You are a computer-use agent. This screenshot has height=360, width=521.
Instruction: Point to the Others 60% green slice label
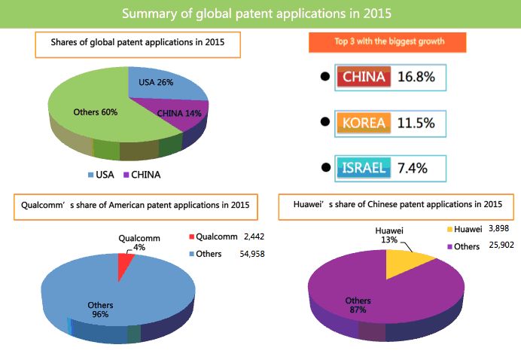[x=95, y=112]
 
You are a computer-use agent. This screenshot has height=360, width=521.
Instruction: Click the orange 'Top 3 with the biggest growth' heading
[x=387, y=42]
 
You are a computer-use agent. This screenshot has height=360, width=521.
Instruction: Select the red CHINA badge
[x=364, y=77]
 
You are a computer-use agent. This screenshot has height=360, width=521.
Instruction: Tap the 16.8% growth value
[x=419, y=77]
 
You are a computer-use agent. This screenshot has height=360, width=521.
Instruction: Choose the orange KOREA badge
[x=364, y=122]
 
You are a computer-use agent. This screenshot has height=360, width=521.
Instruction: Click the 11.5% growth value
[x=419, y=122]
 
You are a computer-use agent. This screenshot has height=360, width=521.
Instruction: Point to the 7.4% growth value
[x=413, y=167]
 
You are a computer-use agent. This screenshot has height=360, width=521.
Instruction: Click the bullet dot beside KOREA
[x=324, y=122]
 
